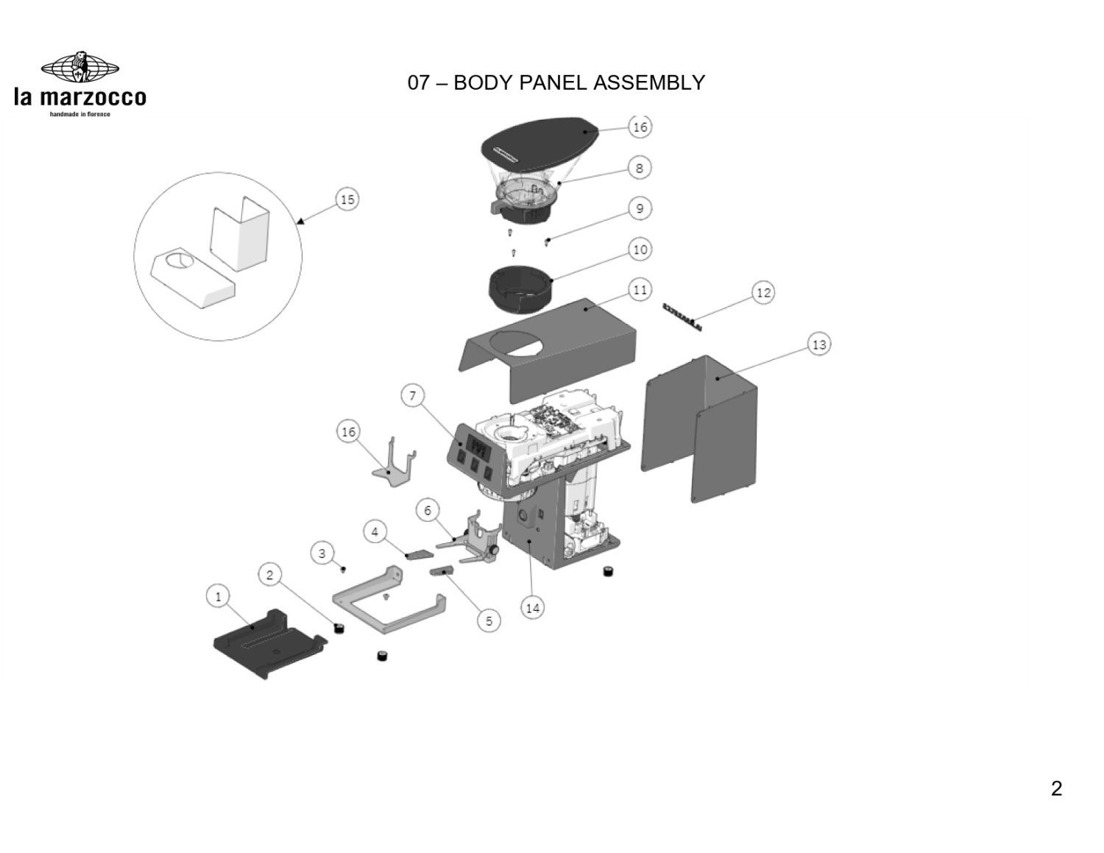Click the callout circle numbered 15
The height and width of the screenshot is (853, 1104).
point(347,199)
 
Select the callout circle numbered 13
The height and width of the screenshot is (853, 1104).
point(818,344)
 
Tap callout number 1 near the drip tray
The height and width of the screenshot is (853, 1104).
point(217,596)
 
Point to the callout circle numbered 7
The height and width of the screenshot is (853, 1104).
point(412,396)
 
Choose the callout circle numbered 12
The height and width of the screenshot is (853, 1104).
point(763,293)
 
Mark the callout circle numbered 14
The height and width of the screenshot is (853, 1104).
point(533,608)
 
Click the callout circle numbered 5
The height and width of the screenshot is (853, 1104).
point(489,620)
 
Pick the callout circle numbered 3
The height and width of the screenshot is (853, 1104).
point(322,552)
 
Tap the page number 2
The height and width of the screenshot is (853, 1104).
point(1056,789)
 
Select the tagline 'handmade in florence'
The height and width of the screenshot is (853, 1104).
point(79,114)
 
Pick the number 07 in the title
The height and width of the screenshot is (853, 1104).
point(418,82)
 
